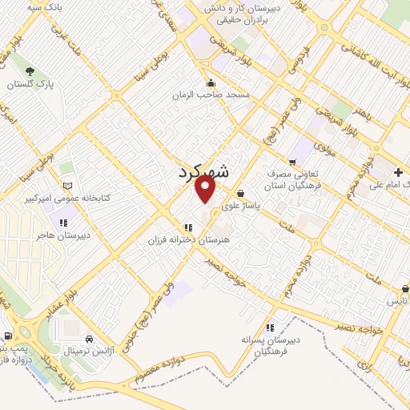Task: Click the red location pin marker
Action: coord(207,189)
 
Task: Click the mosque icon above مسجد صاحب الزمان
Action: coord(211,82)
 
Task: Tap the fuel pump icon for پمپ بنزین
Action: coord(7,336)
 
